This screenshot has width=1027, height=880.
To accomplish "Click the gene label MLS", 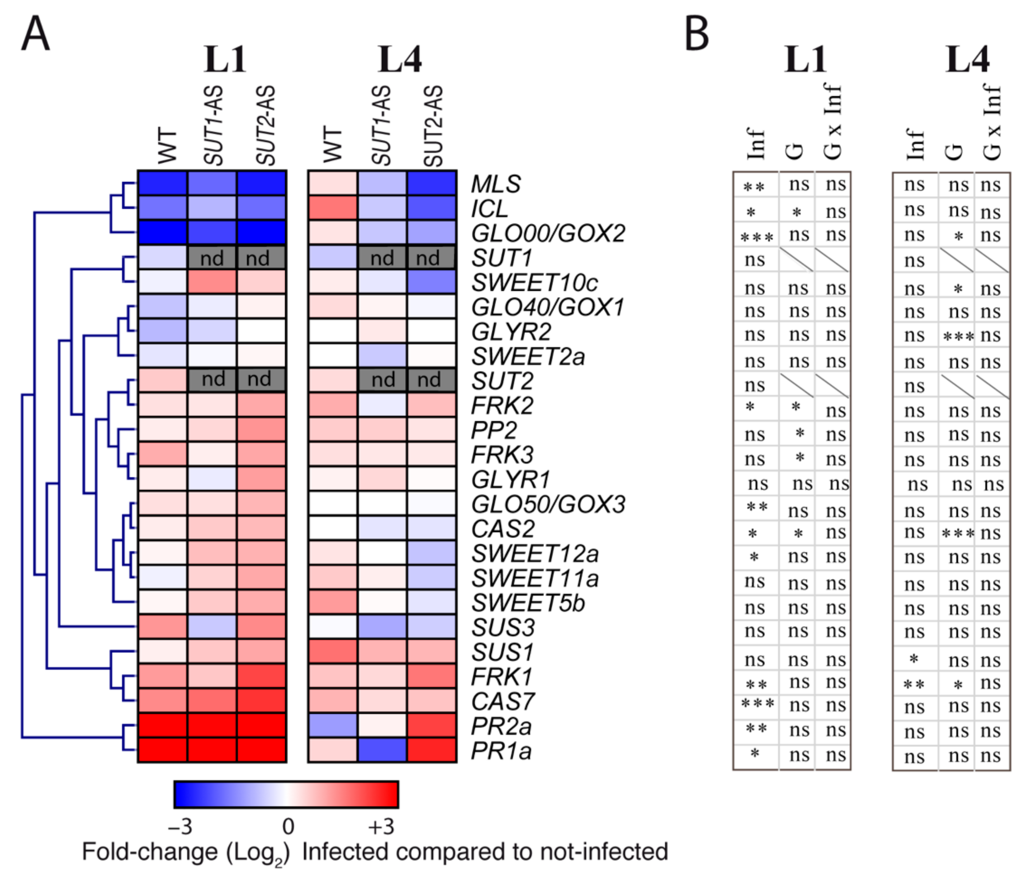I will click(x=496, y=184).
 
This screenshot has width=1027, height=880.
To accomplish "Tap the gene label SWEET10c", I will click(x=534, y=283).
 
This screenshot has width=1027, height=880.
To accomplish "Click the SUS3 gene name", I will click(x=503, y=628).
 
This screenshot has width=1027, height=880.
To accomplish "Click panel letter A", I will click(x=35, y=33).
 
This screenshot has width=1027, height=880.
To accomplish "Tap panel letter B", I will click(x=697, y=33).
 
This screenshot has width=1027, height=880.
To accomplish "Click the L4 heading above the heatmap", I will click(x=400, y=59).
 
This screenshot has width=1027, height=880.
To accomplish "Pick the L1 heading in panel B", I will click(x=805, y=59).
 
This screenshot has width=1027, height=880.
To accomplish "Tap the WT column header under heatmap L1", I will click(x=167, y=146).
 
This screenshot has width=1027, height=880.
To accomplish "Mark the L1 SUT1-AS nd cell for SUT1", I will click(x=212, y=257).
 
